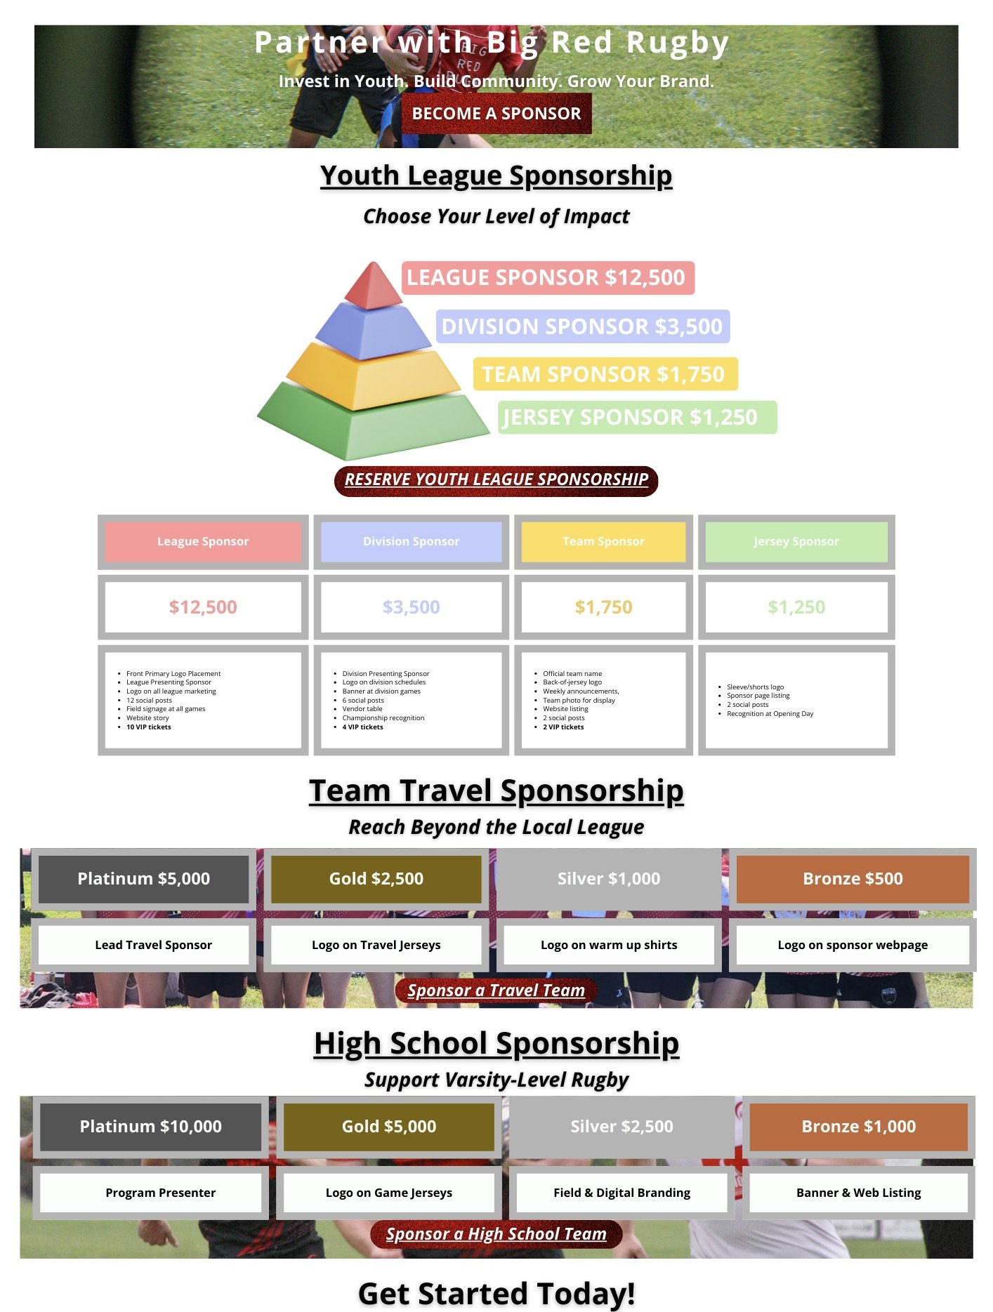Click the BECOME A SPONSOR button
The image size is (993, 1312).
pos(496,114)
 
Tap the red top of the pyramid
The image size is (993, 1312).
pos(374,287)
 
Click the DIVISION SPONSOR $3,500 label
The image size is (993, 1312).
pos(582,326)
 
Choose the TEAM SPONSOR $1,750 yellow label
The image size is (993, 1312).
pos(605,374)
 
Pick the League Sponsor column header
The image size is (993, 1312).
pos(203,542)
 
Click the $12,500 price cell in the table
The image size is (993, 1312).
pos(203,607)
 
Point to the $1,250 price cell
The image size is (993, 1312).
pos(796,607)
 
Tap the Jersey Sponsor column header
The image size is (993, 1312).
pos(796,542)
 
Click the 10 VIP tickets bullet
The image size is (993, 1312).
pos(149,727)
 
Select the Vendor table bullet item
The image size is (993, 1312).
pos(362,709)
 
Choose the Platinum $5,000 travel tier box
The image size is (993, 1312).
pos(144,879)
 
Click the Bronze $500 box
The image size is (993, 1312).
pos(853,879)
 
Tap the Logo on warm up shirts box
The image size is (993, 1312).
pos(609,945)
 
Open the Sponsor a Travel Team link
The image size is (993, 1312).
pos(496,990)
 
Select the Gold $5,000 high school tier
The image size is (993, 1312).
pos(389,1127)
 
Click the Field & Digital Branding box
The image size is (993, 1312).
pos(622,1193)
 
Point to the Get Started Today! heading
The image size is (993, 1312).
pos(496,1293)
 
